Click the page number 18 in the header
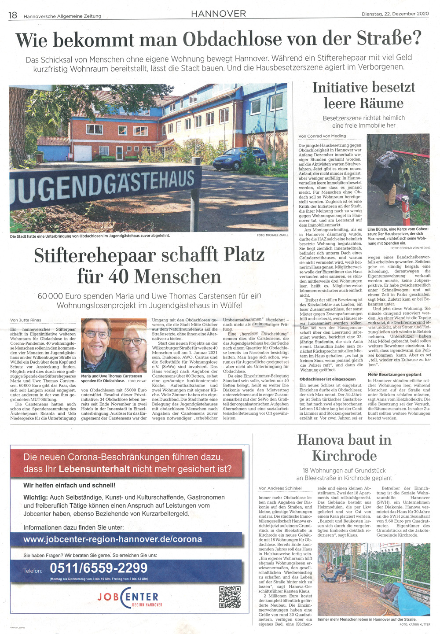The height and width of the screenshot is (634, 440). click(13, 15)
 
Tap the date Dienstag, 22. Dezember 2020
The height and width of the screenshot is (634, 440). click(395, 14)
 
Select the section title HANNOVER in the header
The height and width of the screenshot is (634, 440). click(218, 14)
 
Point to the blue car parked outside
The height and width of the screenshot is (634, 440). click(239, 159)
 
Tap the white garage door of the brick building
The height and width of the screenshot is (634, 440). click(83, 153)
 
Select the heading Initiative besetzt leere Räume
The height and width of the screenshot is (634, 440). click(363, 95)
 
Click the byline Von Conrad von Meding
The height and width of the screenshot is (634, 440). click(322, 136)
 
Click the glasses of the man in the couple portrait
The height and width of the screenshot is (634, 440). click(96, 335)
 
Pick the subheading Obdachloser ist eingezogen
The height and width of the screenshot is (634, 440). click(327, 379)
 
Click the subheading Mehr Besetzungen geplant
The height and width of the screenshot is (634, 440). click(394, 374)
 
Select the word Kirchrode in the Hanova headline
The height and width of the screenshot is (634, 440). click(344, 455)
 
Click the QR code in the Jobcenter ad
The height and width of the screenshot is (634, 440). click(230, 597)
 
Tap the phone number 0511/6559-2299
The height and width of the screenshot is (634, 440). click(99, 568)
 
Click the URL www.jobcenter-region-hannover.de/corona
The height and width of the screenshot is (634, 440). click(112, 539)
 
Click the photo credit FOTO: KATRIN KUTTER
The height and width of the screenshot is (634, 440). click(415, 624)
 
